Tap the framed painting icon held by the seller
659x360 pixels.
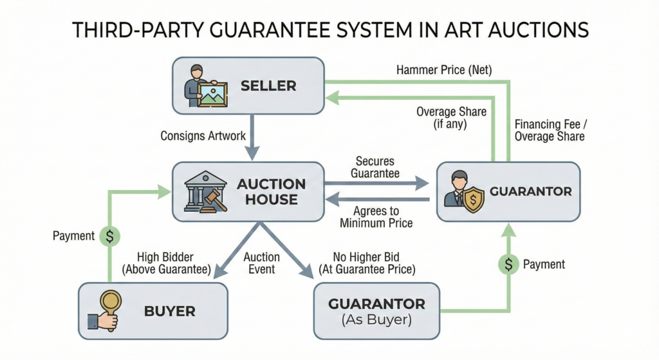pos(212,94)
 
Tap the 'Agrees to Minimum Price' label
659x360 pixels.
pos(376,217)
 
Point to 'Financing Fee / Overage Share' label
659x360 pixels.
pos(549,130)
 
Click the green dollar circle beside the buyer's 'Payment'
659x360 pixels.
pos(109,236)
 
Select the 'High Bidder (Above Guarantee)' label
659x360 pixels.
pos(174,263)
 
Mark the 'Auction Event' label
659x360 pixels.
pos(261,263)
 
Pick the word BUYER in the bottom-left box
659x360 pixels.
pos(169,312)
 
